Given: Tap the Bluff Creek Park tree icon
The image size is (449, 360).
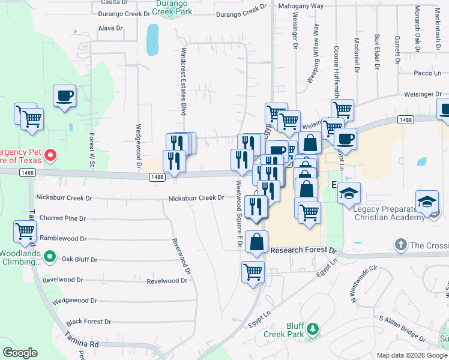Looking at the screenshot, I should (312, 329).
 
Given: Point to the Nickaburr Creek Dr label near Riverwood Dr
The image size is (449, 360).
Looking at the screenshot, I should (196, 197).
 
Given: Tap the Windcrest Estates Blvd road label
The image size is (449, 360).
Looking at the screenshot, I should (184, 82).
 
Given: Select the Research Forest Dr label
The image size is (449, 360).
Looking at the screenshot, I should (304, 250).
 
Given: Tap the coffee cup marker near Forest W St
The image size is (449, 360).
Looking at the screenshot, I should (64, 95).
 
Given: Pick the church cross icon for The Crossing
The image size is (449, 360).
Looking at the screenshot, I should (401, 245).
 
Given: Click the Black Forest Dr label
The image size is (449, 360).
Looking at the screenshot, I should (88, 322).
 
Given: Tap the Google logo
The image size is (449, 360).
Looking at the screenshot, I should (20, 353).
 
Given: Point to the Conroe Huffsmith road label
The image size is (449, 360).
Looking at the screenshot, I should (336, 73).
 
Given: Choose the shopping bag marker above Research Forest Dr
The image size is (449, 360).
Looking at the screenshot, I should (256, 243).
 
